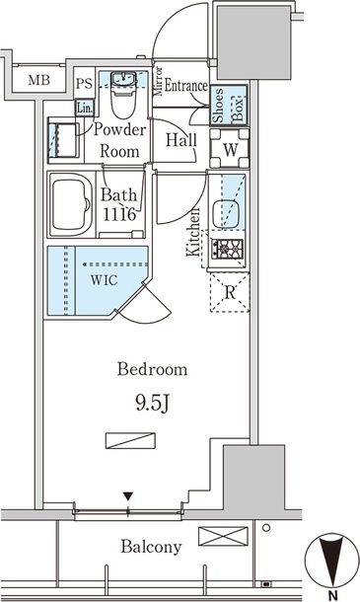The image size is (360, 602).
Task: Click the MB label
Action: pyautogui.click(x=39, y=80)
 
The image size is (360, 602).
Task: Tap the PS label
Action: pyautogui.click(x=84, y=84)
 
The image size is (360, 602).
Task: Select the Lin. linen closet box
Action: pyautogui.click(x=85, y=108)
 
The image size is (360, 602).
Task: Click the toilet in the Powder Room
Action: pyautogui.click(x=123, y=95)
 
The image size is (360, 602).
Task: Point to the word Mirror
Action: pyautogui.click(x=159, y=81)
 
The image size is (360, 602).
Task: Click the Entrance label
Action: pyautogui.click(x=185, y=86)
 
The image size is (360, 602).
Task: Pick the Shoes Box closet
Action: pyautogui.click(x=229, y=106)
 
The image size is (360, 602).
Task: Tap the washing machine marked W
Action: pyautogui.click(x=230, y=149)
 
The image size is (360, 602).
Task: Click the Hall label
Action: pyautogui.click(x=181, y=140)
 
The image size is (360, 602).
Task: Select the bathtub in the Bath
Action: pyautogui.click(x=71, y=205)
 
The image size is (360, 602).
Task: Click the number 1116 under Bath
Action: pyautogui.click(x=119, y=214)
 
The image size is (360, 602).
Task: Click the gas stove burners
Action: pyautogui.click(x=228, y=249)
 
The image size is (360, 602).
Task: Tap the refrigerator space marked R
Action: pyautogui.click(x=230, y=292)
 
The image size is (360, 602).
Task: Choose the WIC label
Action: pyautogui.click(x=104, y=280)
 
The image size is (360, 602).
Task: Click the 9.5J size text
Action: pyautogui.click(x=152, y=404)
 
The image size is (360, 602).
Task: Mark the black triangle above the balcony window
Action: pyautogui.click(x=128, y=496)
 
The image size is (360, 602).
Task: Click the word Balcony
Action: pyautogui.click(x=151, y=547)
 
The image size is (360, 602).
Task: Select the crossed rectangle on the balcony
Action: pyautogui.click(x=223, y=536)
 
